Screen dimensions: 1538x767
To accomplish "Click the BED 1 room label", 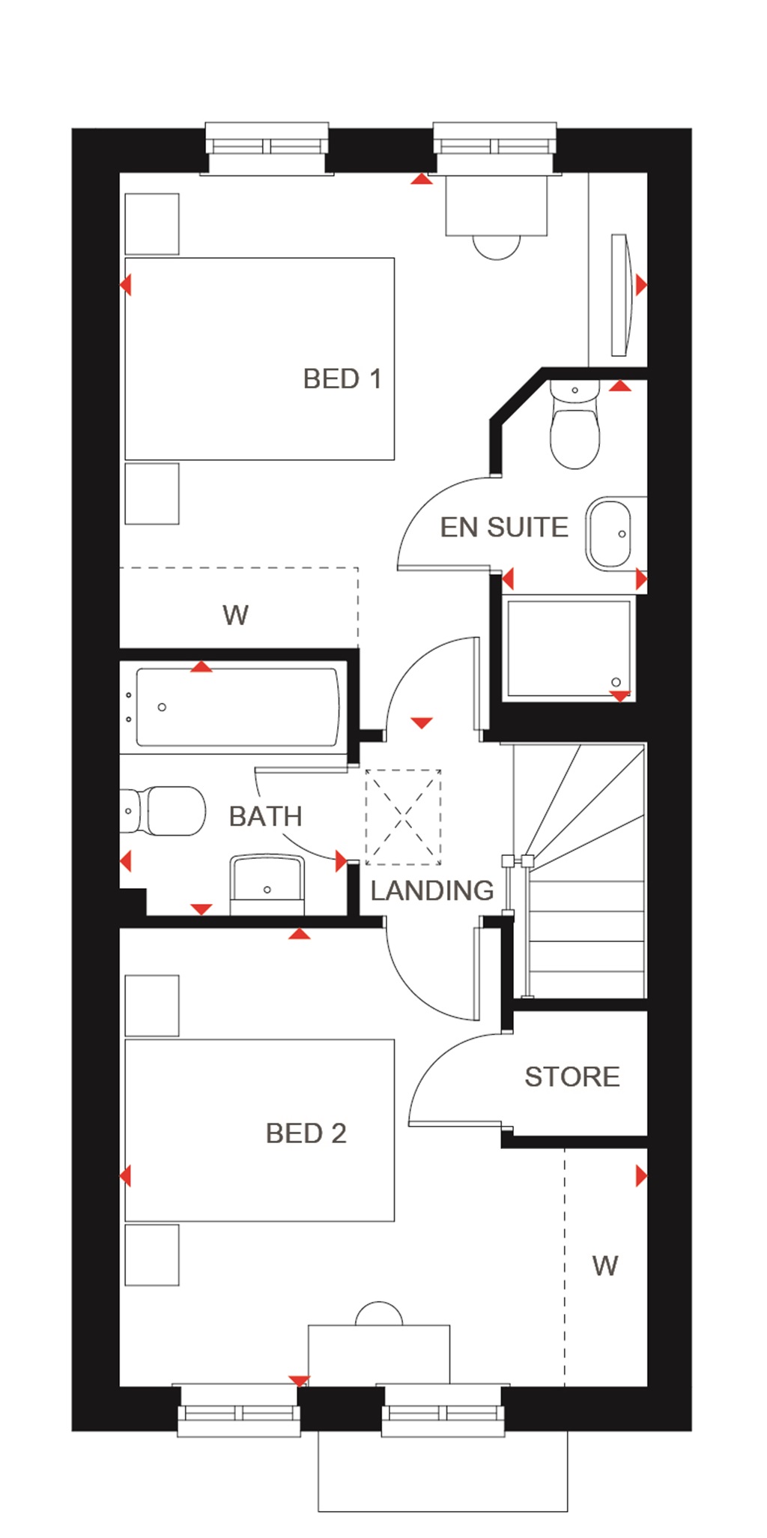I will click(x=342, y=379).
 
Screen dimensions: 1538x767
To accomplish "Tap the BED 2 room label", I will click(x=306, y=1133).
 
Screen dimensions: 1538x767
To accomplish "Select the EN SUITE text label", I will click(x=504, y=528).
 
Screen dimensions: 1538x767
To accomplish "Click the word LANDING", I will click(x=431, y=890).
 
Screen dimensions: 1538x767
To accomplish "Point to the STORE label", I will click(x=572, y=1077).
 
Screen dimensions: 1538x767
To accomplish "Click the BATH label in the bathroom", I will click(x=265, y=816).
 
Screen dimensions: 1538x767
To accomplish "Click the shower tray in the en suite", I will click(x=569, y=648).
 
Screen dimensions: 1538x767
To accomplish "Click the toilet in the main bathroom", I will click(x=169, y=810).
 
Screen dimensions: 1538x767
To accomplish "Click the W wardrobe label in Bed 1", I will click(x=235, y=615).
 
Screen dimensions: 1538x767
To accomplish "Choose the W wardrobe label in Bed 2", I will click(x=604, y=1266).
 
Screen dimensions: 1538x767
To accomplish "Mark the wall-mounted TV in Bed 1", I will click(x=621, y=295).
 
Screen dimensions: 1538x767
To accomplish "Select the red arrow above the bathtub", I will click(x=201, y=667).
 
